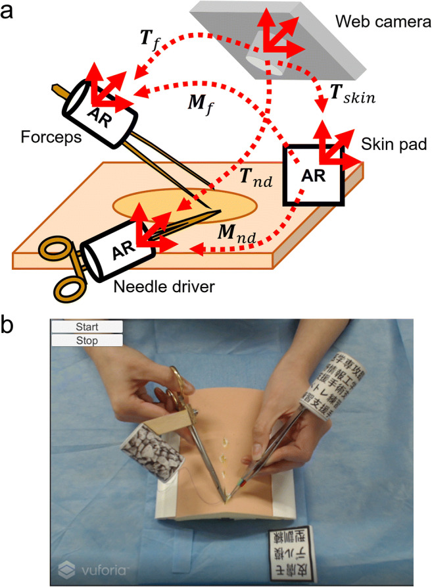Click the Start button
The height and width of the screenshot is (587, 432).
[87, 327]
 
